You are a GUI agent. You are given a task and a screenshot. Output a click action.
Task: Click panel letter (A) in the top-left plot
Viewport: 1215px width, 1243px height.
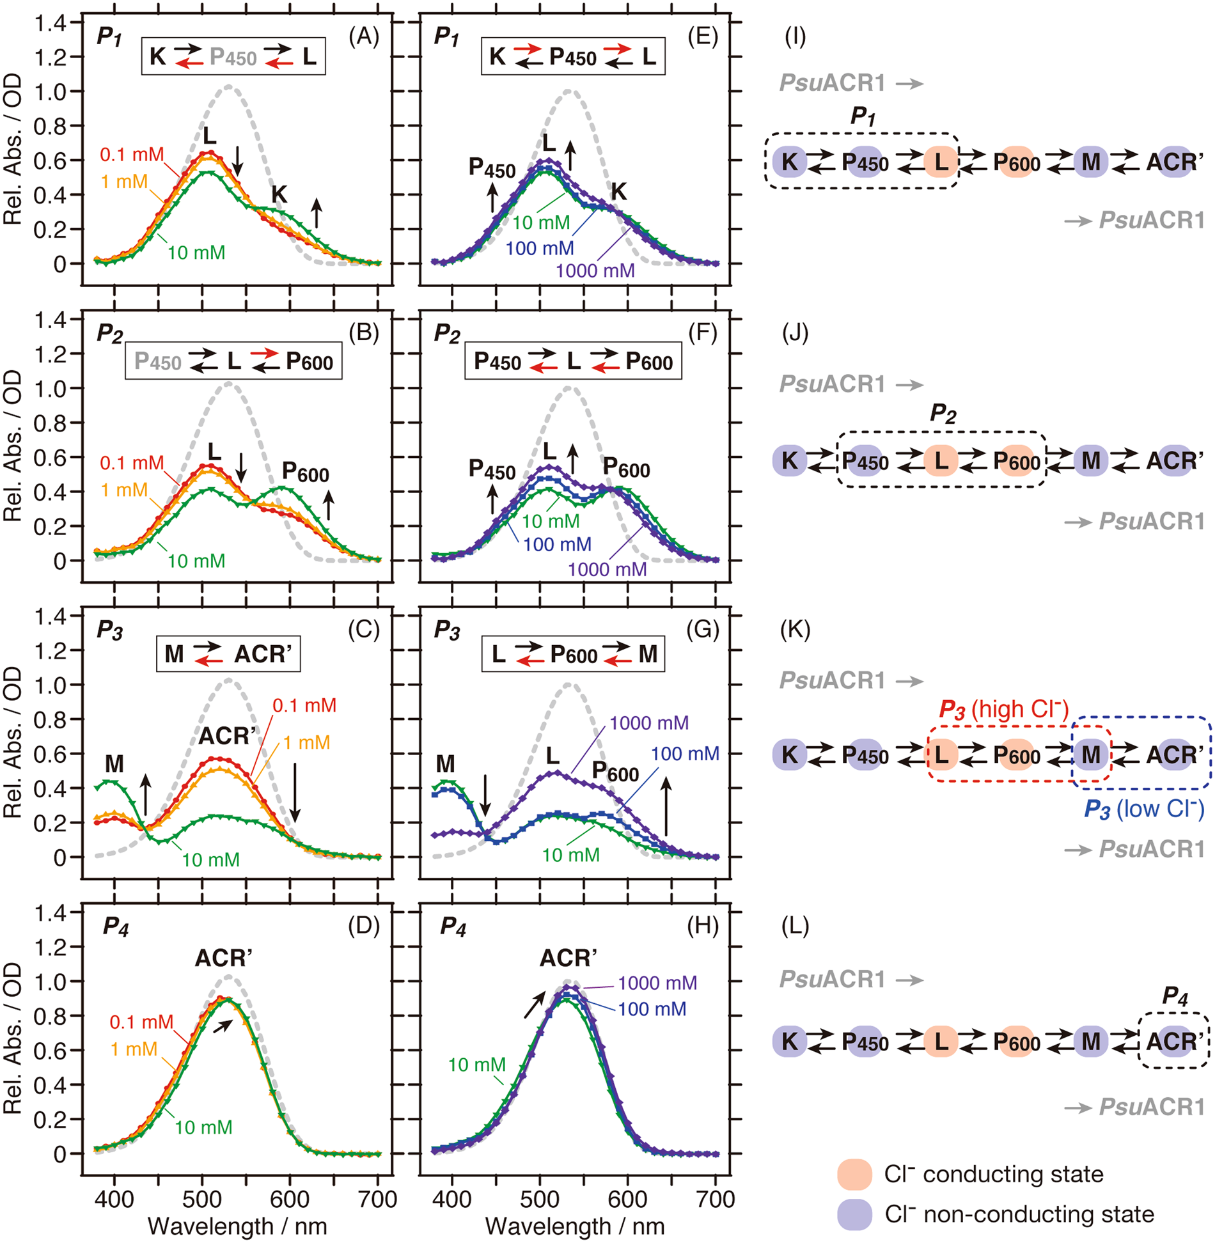[x=363, y=36]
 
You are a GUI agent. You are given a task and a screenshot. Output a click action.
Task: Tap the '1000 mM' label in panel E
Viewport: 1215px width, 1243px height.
[x=595, y=270]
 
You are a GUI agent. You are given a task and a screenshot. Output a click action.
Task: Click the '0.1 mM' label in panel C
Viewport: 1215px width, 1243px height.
[x=304, y=705]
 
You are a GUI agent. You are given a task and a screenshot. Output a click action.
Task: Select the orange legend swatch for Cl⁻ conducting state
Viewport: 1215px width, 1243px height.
[x=854, y=1174]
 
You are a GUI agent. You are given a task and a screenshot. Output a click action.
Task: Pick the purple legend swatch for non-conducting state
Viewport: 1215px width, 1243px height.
[x=854, y=1214]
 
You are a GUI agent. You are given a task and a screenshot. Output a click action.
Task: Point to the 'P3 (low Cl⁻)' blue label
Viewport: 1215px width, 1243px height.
[x=1144, y=809]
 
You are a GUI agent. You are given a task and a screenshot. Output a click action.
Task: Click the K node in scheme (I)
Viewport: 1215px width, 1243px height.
[x=790, y=162]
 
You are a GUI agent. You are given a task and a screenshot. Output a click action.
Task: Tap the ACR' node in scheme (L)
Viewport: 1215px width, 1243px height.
[x=1174, y=1042]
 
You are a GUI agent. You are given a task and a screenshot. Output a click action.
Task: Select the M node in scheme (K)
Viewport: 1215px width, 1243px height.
[x=1091, y=754]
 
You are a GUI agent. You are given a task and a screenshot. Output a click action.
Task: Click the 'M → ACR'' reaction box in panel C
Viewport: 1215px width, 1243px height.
[x=228, y=653]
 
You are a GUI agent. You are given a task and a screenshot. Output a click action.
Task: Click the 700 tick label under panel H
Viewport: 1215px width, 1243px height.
[x=716, y=1198]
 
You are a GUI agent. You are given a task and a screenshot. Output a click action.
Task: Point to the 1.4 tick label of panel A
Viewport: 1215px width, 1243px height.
[x=50, y=24]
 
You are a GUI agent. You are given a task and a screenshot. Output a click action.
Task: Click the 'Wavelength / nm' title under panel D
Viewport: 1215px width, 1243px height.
[x=237, y=1226]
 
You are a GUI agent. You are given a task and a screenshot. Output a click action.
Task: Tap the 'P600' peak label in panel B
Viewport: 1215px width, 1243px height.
[x=305, y=473]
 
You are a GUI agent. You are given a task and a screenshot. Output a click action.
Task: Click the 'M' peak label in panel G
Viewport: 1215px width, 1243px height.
[x=445, y=763]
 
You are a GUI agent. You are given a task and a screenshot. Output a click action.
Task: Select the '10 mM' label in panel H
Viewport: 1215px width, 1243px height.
[x=476, y=1065]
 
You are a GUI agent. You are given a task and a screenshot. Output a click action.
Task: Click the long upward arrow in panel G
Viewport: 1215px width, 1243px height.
[x=666, y=806]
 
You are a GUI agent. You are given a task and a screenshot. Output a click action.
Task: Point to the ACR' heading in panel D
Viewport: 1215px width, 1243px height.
[x=223, y=958]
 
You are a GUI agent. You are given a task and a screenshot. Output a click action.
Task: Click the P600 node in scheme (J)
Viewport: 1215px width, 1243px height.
[x=1016, y=461]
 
